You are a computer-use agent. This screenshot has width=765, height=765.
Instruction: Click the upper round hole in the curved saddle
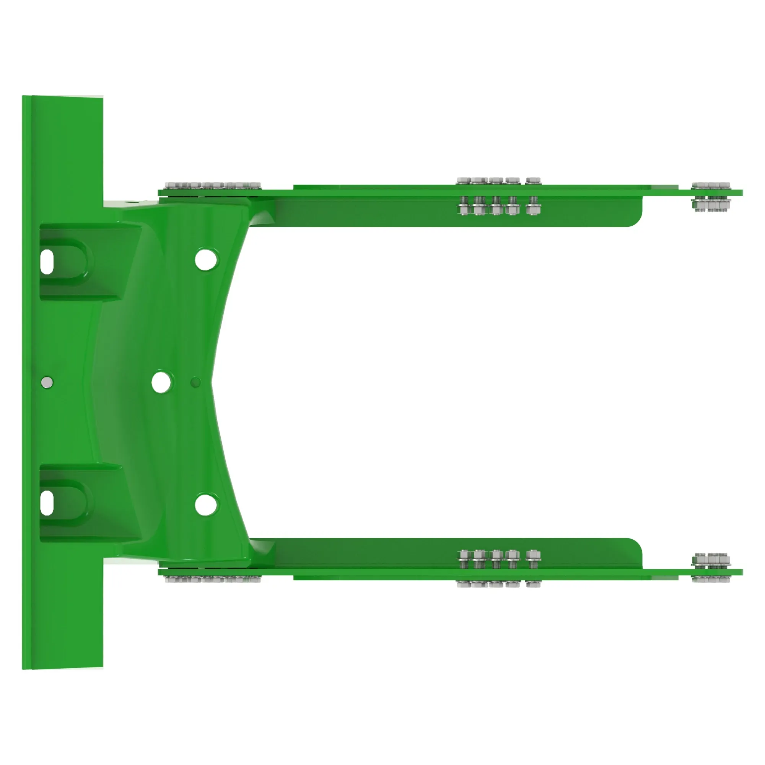point(206,259)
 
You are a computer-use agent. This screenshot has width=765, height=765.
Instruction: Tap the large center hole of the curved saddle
point(161,382)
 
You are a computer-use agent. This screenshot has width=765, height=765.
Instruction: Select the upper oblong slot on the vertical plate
point(47,262)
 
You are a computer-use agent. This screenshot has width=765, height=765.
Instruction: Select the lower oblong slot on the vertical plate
point(47,503)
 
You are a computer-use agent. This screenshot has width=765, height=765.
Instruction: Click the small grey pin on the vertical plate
point(47,382)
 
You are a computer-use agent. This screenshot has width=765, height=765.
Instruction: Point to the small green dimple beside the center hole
point(195,382)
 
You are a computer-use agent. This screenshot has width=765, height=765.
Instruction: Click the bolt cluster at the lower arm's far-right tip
point(711,567)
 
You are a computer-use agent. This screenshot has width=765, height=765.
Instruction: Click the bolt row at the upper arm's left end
point(213,186)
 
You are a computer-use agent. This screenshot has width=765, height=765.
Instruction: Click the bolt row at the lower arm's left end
point(213,579)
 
